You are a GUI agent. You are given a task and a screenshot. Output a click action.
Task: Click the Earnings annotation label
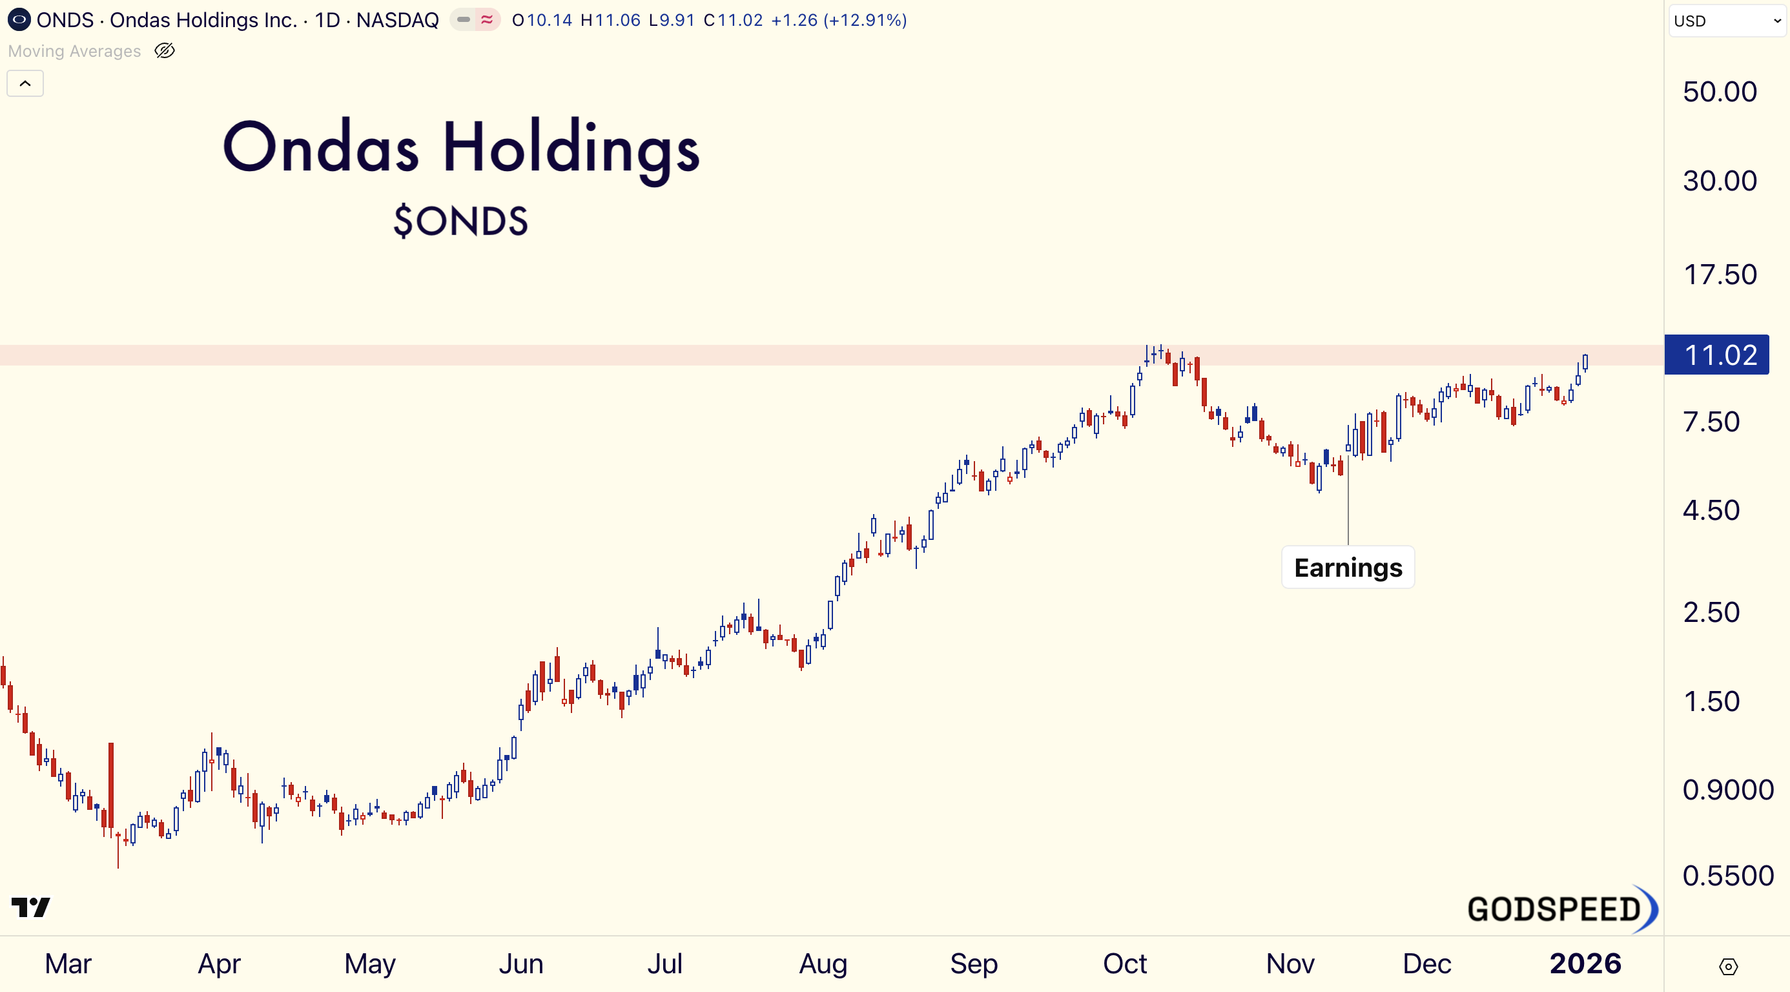tap(1348, 568)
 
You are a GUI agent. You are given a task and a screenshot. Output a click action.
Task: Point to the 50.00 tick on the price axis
tap(1719, 92)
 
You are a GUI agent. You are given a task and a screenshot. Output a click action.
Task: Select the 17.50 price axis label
tap(1719, 274)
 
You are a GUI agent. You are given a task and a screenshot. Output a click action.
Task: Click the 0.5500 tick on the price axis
tap(1727, 875)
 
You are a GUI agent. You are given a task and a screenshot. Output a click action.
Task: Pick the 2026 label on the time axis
tap(1585, 964)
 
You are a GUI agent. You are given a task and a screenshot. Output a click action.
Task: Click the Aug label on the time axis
tap(823, 964)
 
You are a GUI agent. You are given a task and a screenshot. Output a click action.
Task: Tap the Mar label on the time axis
tap(68, 964)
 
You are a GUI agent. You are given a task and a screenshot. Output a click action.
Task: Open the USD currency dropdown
tap(1727, 21)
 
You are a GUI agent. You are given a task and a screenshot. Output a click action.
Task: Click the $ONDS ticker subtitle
tap(460, 221)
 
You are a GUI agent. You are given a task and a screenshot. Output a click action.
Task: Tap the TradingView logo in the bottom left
tap(30, 907)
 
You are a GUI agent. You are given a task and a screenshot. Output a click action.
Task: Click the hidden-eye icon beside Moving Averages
tap(165, 51)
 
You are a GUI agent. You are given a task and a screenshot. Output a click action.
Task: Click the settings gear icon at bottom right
tap(1727, 966)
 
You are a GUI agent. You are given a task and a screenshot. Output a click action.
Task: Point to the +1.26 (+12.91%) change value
tap(839, 20)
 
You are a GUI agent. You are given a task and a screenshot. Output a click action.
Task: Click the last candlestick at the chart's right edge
tap(1585, 362)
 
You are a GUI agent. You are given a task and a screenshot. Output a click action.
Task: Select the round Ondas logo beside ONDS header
tap(19, 19)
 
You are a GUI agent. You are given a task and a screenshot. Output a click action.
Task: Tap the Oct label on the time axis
tap(1124, 964)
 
